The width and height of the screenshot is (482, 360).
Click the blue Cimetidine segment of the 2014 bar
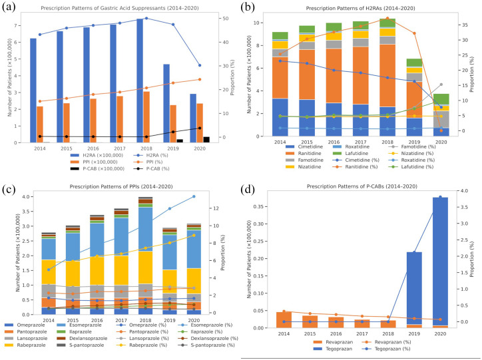280,117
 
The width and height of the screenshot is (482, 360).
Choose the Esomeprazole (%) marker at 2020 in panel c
194,196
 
